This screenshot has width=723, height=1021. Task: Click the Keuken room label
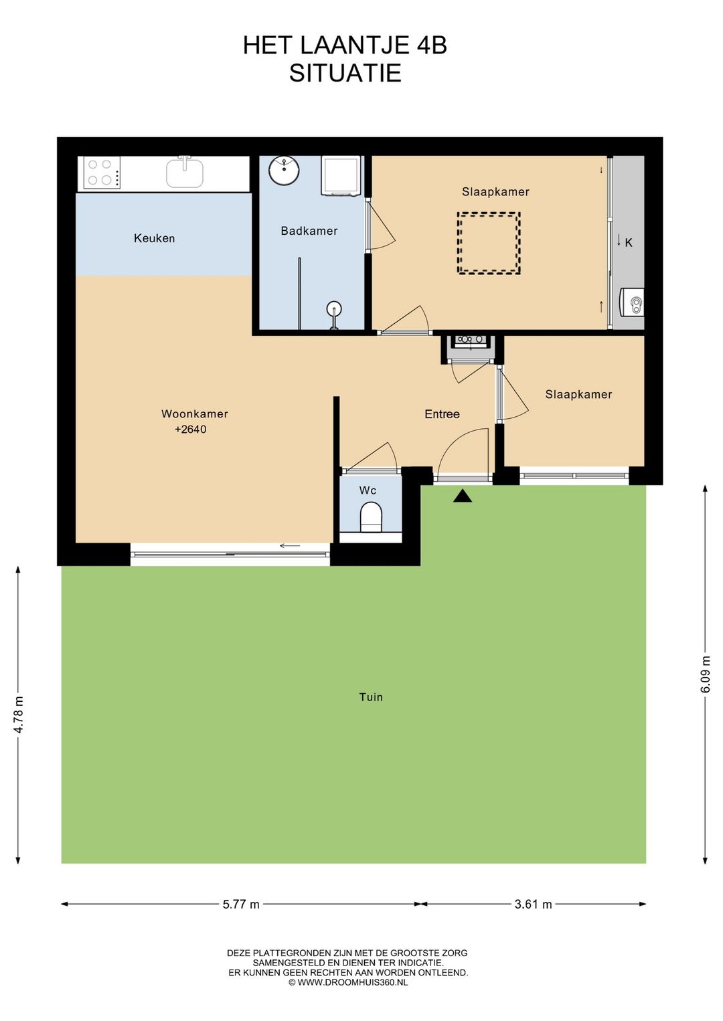point(154,238)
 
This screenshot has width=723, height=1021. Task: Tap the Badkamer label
point(309,231)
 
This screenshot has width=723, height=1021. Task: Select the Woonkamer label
point(195,414)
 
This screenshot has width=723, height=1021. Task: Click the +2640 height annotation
point(191,429)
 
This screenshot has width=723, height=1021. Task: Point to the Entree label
point(442,414)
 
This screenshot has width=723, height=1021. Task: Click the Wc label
point(368,490)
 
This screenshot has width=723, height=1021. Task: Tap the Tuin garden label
point(371,697)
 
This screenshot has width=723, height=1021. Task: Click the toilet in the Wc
point(371,517)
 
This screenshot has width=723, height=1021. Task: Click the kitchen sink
point(185,173)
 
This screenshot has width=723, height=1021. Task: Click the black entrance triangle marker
point(463,496)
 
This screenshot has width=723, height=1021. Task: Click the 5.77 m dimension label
point(241,904)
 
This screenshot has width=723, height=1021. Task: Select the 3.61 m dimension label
point(534,904)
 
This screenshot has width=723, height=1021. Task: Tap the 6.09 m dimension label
point(705,674)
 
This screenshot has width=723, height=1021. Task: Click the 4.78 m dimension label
point(18,715)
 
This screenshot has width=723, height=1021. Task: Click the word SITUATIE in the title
point(345,73)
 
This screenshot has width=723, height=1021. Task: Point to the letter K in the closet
point(629,243)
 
